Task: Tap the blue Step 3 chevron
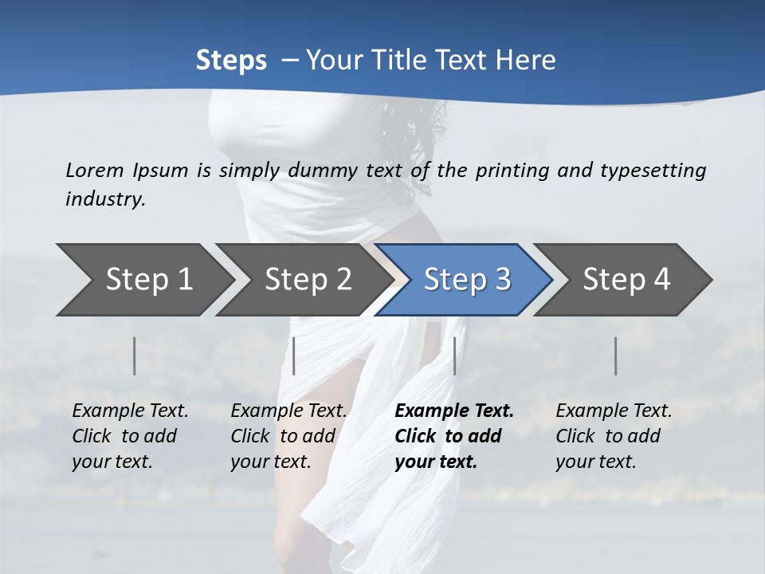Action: click(467, 279)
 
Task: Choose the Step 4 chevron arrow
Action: click(626, 279)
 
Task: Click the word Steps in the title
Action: click(231, 60)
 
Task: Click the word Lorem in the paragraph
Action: click(95, 170)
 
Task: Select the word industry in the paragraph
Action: click(105, 199)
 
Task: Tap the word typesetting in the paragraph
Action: click(653, 170)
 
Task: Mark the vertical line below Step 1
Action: click(135, 356)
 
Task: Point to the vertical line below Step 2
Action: click(294, 356)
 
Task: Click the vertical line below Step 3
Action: click(454, 356)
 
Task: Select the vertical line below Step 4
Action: click(616, 356)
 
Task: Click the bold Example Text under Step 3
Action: click(454, 411)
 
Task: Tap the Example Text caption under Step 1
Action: click(130, 411)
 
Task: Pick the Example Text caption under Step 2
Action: click(288, 411)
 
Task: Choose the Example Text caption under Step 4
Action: click(614, 411)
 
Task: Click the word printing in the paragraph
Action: click(512, 170)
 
